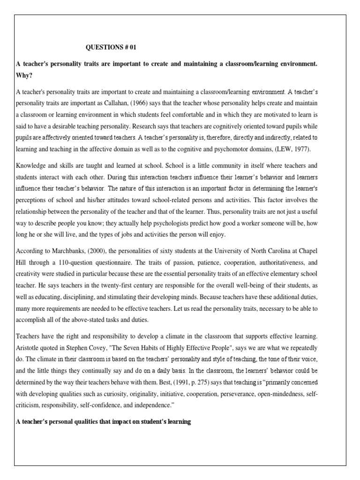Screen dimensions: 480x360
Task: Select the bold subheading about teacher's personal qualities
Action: tap(103, 422)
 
